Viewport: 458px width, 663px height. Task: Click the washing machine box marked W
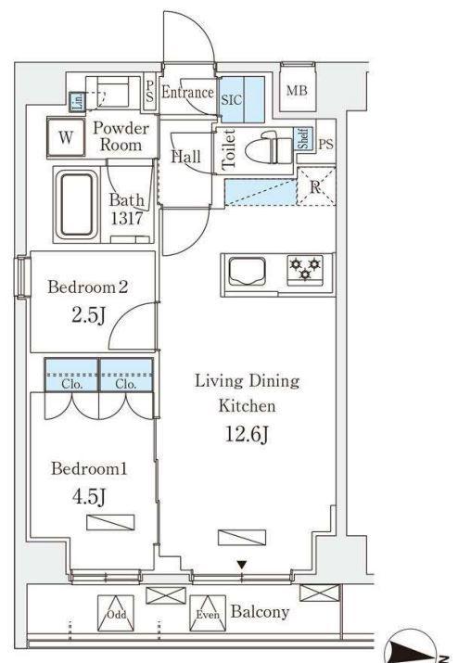pyautogui.click(x=66, y=136)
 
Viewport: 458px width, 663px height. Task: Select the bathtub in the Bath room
pyautogui.click(x=77, y=205)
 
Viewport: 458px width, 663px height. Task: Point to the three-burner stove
pyautogui.click(x=305, y=269)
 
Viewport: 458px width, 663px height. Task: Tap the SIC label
pyautogui.click(x=232, y=100)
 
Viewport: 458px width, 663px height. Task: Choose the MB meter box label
pyautogui.click(x=297, y=91)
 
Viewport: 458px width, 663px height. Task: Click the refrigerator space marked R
pyautogui.click(x=315, y=186)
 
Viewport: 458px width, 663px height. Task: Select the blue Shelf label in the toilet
pyautogui.click(x=303, y=138)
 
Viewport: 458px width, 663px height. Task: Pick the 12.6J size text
pyautogui.click(x=247, y=434)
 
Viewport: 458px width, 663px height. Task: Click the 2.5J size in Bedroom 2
pyautogui.click(x=88, y=315)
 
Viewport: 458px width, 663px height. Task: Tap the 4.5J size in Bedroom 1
pyautogui.click(x=89, y=497)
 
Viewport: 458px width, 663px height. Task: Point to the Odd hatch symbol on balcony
pyautogui.click(x=116, y=614)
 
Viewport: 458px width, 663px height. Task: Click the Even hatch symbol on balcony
pyautogui.click(x=208, y=614)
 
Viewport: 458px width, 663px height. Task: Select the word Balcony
pyautogui.click(x=261, y=611)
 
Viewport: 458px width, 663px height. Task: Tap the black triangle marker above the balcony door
pyautogui.click(x=241, y=565)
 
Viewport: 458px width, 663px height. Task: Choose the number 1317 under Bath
pyautogui.click(x=127, y=219)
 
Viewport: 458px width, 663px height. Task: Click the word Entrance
pyautogui.click(x=188, y=92)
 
